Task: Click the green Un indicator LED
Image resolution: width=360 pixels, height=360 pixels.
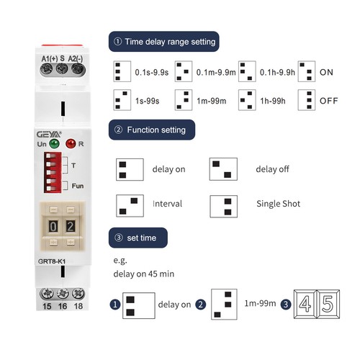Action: (54, 144)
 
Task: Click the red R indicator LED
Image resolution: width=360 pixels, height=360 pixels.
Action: (71, 144)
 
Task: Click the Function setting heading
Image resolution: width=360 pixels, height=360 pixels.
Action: (153, 130)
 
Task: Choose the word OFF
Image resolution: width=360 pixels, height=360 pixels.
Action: (328, 101)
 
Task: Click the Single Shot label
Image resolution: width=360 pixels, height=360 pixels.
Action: (278, 204)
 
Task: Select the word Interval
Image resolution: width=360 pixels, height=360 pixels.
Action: (167, 204)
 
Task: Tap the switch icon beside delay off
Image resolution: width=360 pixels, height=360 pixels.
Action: (223, 170)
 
